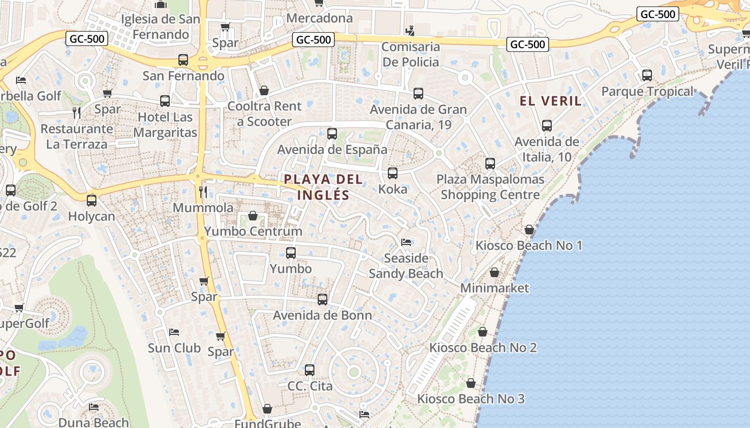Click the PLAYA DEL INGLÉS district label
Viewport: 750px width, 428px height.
click(323, 187)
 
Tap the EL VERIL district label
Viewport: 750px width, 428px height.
click(550, 101)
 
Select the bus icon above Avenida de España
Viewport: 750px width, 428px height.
click(332, 134)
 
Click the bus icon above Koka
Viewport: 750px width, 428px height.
click(393, 173)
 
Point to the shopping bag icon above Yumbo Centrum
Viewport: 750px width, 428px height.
click(252, 216)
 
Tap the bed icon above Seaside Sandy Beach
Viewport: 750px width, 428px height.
click(406, 242)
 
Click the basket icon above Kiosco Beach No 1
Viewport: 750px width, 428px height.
click(529, 230)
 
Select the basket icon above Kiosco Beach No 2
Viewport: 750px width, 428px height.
click(483, 332)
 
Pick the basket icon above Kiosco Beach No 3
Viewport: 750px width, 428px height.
click(471, 383)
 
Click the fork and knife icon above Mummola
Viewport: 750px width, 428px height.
click(203, 192)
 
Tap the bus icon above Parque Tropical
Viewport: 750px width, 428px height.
click(647, 75)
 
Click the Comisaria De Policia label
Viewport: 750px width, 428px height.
click(410, 54)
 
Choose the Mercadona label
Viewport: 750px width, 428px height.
click(319, 18)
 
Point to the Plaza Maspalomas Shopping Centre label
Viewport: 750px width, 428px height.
click(490, 187)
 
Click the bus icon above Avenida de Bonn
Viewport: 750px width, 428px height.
click(322, 300)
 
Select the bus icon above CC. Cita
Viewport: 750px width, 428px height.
click(310, 370)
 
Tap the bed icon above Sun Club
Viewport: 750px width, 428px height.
click(174, 332)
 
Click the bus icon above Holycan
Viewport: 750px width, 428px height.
click(92, 201)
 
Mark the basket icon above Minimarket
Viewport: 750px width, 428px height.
click(494, 272)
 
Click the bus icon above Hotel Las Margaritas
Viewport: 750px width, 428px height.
click(165, 101)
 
